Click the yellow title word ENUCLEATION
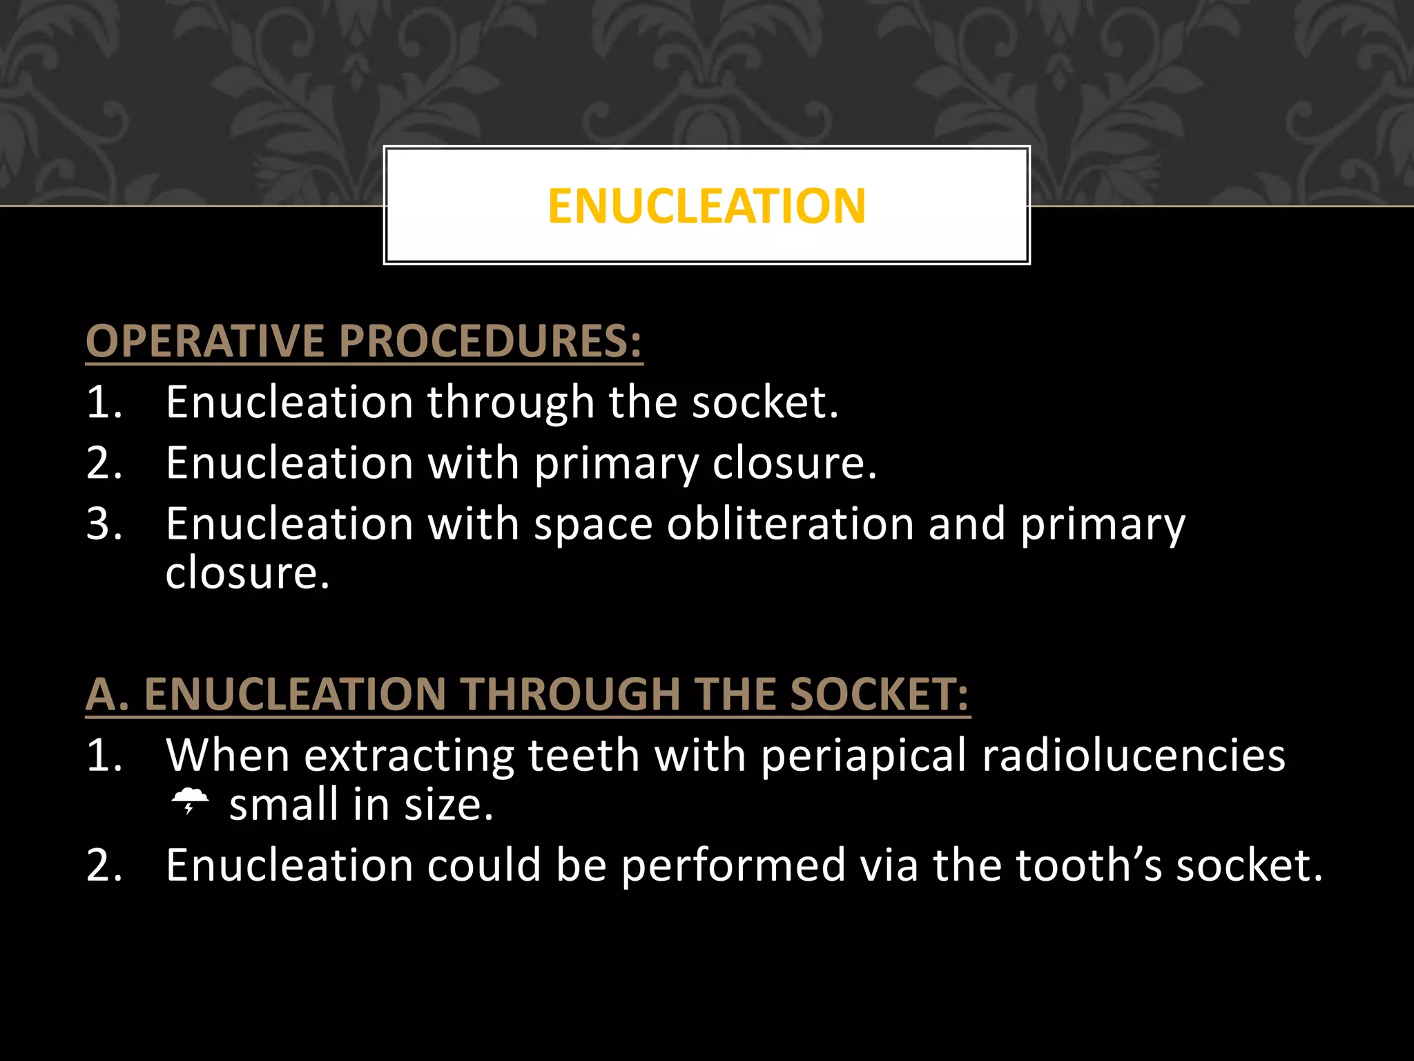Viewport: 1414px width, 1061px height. (x=706, y=206)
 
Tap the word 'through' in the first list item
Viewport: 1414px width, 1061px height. (x=510, y=403)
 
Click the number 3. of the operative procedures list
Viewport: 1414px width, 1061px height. (x=104, y=524)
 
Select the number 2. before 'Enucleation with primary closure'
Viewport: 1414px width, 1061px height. (x=104, y=463)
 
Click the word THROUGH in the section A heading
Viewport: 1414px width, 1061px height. (x=571, y=694)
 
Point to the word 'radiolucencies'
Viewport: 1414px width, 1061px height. (x=1133, y=755)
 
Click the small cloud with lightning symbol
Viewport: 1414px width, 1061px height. (x=190, y=801)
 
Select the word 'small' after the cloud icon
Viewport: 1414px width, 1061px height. (x=284, y=805)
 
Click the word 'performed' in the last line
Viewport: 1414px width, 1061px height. (x=733, y=866)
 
